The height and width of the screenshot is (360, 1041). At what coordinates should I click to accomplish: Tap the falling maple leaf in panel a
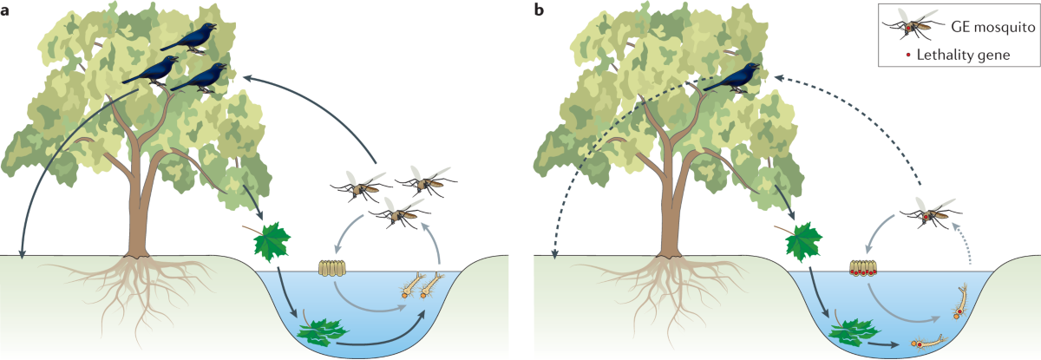click(269, 240)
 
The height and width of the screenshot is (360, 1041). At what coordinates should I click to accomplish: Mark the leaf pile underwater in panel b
click(854, 331)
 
